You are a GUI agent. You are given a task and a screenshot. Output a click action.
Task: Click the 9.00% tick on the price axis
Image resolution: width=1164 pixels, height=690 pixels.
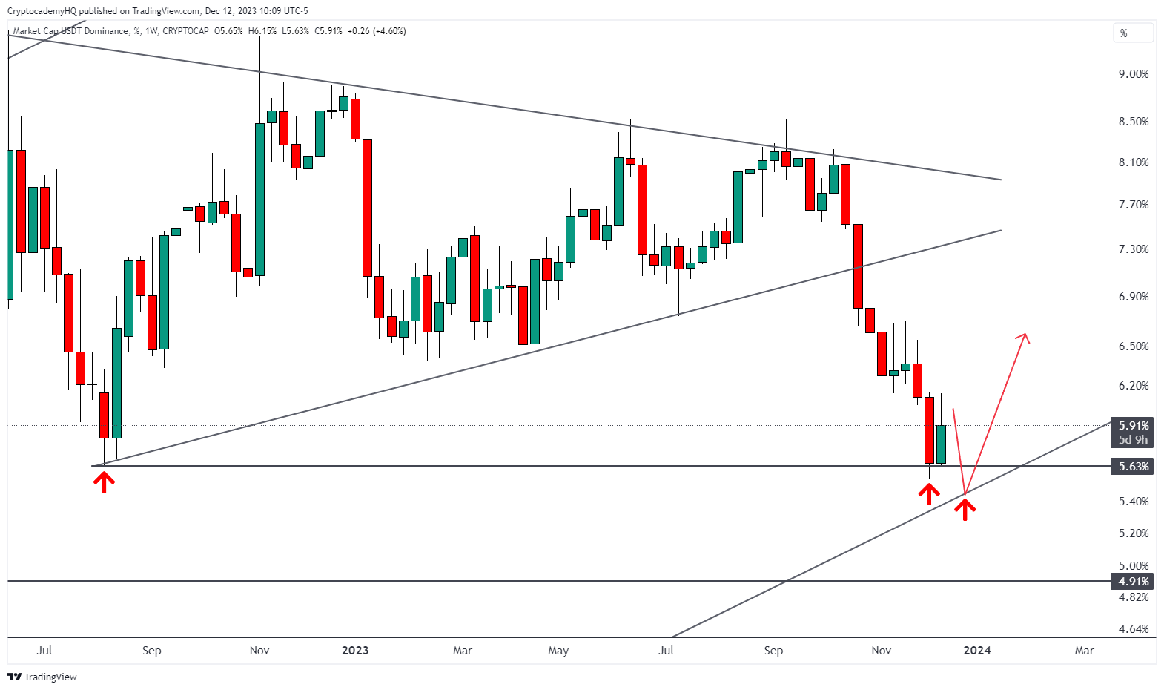[x=1134, y=74]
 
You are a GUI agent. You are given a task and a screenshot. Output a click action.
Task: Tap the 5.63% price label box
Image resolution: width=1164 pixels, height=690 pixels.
[x=1134, y=467]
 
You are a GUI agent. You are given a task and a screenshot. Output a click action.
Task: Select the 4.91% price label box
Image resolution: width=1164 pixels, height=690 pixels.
[x=1134, y=582]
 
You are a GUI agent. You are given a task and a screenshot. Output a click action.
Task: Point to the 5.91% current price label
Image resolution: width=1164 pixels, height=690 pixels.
[x=1134, y=426]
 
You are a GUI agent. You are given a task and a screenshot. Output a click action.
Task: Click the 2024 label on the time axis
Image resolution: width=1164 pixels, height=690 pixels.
[x=976, y=651]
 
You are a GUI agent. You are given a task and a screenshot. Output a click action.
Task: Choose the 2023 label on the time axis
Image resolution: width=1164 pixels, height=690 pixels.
[x=355, y=651]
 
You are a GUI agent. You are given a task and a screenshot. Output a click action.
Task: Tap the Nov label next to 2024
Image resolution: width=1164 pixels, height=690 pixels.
[x=881, y=651]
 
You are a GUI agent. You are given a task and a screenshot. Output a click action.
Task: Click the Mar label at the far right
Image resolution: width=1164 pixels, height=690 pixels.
[x=1084, y=651]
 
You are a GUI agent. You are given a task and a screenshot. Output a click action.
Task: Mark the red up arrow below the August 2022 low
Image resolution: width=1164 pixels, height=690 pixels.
[x=104, y=483]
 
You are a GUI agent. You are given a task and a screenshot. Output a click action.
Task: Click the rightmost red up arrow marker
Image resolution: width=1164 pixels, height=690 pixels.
[x=965, y=509]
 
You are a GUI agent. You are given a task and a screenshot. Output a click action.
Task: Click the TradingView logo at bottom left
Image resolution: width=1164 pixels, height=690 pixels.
[x=42, y=677]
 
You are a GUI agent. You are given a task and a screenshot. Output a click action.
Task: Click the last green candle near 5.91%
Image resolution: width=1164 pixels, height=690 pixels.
[x=941, y=444]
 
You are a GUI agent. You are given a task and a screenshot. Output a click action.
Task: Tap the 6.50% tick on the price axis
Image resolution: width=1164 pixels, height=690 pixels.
[x=1134, y=346]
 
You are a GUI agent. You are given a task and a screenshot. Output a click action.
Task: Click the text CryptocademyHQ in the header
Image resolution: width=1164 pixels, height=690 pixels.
[x=42, y=11]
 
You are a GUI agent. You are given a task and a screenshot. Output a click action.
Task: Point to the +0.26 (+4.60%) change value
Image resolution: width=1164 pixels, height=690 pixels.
[x=377, y=31]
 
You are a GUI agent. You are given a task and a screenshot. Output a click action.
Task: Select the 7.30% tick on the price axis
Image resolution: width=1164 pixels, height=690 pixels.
[x=1134, y=249]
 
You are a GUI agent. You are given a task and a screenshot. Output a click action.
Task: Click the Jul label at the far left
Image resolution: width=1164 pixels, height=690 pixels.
[x=44, y=651]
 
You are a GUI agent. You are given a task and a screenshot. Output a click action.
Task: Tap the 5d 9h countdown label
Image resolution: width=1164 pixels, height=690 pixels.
[x=1134, y=440]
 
